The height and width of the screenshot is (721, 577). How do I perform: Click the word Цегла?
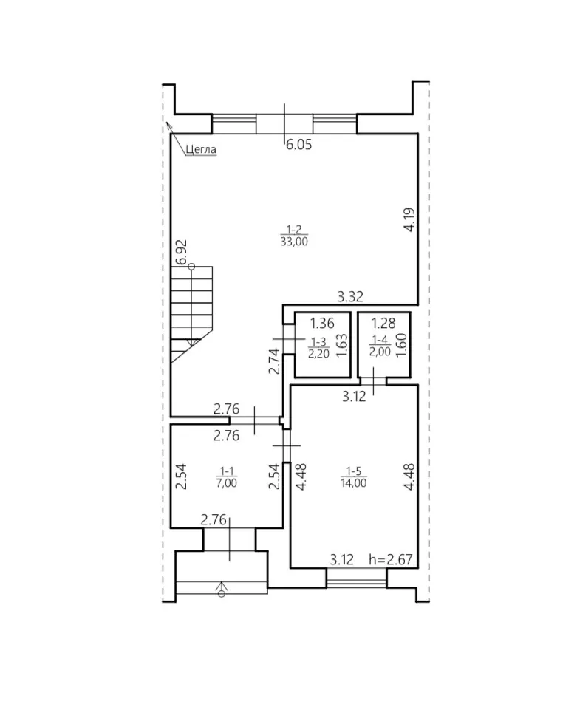201,149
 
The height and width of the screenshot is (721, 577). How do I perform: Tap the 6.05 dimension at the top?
299,144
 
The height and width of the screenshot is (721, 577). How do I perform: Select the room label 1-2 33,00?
294,236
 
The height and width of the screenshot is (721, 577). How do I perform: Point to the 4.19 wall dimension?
409,220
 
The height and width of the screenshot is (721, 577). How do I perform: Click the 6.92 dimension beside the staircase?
181,252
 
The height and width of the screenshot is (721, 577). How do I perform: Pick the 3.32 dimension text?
350,296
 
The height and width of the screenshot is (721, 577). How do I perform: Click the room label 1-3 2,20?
318,348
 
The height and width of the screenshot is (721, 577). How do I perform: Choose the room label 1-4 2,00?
380,346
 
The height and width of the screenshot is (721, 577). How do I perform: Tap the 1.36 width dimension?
322,324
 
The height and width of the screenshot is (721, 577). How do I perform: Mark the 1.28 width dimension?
383,324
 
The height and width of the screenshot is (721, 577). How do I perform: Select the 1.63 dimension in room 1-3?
341,346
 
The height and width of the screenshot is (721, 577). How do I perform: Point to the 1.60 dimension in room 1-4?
401,345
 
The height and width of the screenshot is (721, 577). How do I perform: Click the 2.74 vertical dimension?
274,361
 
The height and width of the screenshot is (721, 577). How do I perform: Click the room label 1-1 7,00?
227,476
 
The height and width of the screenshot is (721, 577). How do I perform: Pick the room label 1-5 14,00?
354,476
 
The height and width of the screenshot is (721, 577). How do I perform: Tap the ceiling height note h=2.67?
391,560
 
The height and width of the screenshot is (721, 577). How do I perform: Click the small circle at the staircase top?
191,267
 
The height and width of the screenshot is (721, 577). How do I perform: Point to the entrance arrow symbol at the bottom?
222,590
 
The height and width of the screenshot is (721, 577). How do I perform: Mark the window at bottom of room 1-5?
357,578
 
